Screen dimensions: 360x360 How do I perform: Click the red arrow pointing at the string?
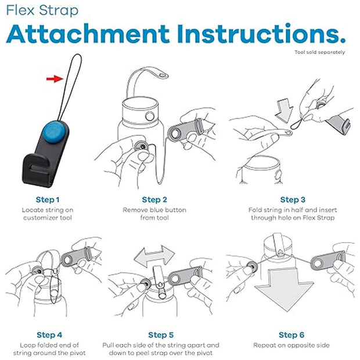[55, 79]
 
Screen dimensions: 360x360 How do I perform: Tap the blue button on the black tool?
[55, 132]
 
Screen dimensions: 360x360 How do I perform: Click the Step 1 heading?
[48, 200]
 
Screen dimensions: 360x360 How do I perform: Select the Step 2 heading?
[154, 200]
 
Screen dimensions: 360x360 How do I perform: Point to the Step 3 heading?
[293, 200]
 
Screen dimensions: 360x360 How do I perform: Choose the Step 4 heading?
[49, 335]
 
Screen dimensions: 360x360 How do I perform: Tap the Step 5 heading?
[161, 335]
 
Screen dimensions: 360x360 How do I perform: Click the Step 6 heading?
[291, 335]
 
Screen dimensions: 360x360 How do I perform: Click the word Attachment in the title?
[88, 34]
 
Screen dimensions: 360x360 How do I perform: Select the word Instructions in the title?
[261, 34]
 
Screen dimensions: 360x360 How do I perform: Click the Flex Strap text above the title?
[42, 10]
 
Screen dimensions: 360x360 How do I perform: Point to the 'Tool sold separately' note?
[319, 52]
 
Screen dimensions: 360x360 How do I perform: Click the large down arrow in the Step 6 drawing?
[284, 290]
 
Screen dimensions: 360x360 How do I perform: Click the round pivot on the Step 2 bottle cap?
[150, 116]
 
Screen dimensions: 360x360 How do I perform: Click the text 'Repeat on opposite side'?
[291, 345]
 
